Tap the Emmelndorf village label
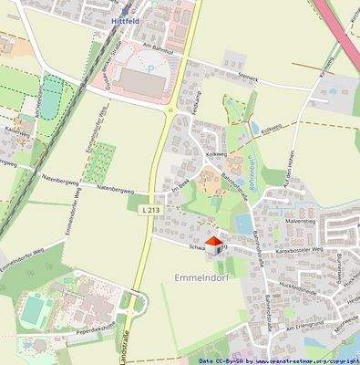point(197,276)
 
